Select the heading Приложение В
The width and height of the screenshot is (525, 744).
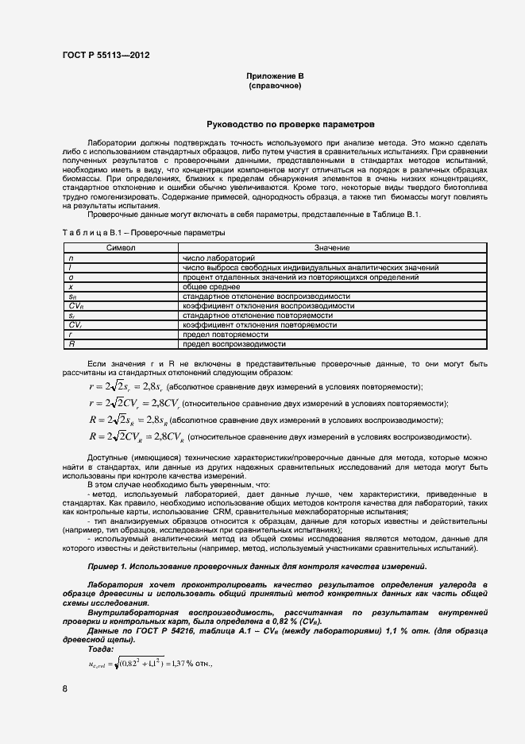274,76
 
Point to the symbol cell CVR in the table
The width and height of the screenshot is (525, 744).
76,306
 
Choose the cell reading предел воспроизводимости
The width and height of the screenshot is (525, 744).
234,344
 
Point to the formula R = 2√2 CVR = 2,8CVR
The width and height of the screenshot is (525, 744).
137,436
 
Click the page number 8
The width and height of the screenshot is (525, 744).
64,688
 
